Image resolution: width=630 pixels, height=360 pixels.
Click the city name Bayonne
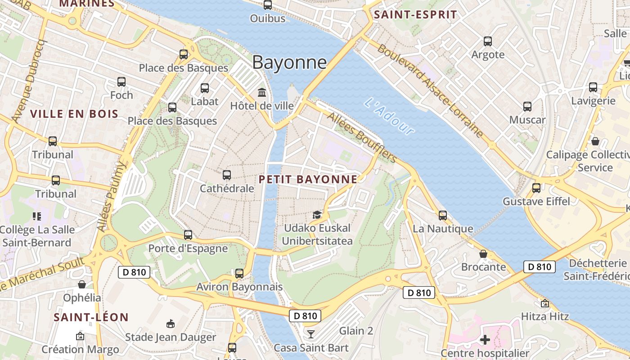click(x=289, y=62)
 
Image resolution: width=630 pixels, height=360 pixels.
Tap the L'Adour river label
click(x=389, y=116)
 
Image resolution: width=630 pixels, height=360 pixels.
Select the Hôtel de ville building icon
click(x=261, y=92)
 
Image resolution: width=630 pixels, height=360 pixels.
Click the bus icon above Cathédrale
click(x=227, y=175)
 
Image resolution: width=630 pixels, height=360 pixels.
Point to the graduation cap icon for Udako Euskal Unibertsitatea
click(x=317, y=215)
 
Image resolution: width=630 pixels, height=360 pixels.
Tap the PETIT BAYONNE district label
click(x=308, y=180)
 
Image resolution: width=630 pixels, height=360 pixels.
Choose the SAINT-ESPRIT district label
click(x=415, y=14)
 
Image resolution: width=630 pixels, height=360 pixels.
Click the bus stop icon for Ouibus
click(x=268, y=5)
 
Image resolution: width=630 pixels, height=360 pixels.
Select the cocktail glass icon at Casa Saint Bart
click(x=310, y=334)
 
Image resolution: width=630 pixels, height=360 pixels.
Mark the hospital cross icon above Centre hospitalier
click(x=485, y=339)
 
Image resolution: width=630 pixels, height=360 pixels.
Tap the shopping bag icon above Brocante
click(x=483, y=254)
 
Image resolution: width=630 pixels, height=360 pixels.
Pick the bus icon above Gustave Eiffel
click(x=536, y=188)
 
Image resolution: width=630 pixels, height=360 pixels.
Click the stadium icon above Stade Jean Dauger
click(x=170, y=324)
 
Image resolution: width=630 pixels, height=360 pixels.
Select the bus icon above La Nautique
click(x=443, y=215)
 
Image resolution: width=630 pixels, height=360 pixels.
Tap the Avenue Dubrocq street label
click(x=30, y=81)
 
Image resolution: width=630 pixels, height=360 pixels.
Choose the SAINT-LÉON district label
click(x=91, y=317)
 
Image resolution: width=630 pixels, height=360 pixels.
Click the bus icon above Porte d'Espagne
click(x=188, y=234)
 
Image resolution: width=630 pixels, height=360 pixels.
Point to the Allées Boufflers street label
click(x=362, y=138)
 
